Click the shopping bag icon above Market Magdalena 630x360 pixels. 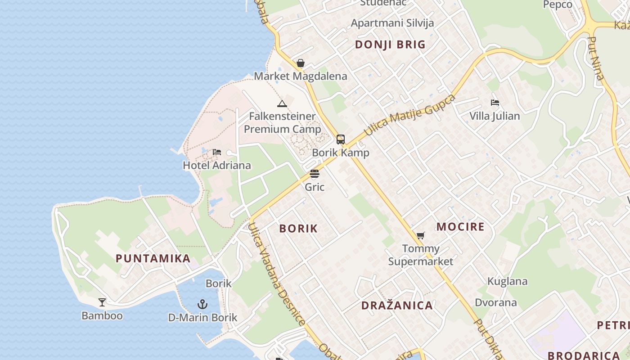[301, 63]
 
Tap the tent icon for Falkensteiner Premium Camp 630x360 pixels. [282, 104]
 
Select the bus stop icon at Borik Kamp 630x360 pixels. [341, 139]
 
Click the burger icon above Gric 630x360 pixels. [315, 174]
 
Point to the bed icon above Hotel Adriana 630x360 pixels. [217, 152]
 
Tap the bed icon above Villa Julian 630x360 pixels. [495, 103]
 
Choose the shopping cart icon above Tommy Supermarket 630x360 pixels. [421, 235]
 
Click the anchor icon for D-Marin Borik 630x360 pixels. [202, 304]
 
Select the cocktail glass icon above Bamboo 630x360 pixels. [102, 302]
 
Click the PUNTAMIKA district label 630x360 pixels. [153, 259]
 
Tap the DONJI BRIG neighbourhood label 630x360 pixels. [390, 45]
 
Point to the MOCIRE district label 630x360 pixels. [460, 227]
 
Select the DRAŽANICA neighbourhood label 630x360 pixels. [397, 306]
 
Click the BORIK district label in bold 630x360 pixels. [298, 229]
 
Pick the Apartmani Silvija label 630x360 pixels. [392, 23]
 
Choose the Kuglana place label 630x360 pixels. [508, 282]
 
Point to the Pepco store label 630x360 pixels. [558, 4]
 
